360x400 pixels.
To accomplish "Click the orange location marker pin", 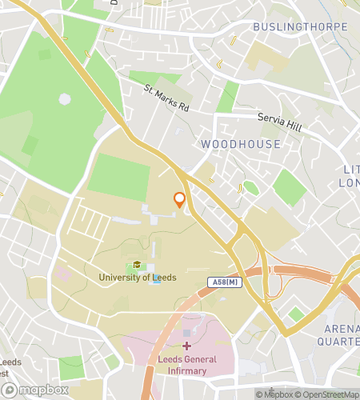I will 180,201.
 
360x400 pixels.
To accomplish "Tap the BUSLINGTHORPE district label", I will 300,27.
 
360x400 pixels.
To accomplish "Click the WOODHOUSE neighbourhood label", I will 241,144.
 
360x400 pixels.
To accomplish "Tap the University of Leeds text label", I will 138,278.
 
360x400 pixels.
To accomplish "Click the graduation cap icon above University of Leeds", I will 138,265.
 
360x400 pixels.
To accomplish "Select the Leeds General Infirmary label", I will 186,365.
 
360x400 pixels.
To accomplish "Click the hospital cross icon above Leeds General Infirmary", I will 186,346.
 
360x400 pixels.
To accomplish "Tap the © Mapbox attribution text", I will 276,394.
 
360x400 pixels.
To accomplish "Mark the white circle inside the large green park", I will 65,99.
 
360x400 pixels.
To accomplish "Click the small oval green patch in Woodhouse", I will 250,188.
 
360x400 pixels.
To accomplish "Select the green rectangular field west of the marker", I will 118,178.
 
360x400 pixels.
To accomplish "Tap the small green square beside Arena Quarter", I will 296,314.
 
